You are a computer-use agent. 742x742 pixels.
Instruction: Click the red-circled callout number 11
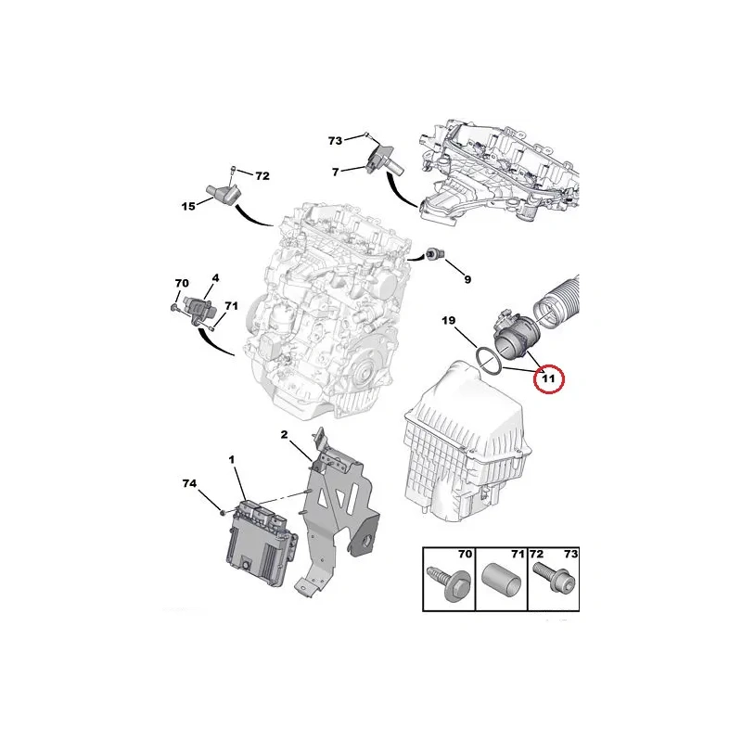pos(548,378)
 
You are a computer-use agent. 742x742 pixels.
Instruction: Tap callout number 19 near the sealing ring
pos(448,320)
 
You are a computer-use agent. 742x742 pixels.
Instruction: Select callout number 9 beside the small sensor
pos(467,280)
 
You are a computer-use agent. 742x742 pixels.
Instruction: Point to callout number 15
pos(188,206)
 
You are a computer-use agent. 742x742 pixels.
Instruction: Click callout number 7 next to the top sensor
pos(336,173)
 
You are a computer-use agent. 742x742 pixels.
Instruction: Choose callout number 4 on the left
pos(215,277)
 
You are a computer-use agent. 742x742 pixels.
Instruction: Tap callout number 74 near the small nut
pos(189,483)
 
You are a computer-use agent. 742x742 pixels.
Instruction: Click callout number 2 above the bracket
pos(284,434)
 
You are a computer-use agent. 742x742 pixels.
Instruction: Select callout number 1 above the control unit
pos(231,459)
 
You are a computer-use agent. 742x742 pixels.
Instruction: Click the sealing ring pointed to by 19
pos(488,362)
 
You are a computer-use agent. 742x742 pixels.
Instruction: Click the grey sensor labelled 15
pos(224,193)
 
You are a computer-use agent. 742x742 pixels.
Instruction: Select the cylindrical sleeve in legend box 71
pos(502,580)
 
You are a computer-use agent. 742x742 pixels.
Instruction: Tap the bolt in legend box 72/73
pos(553,579)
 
